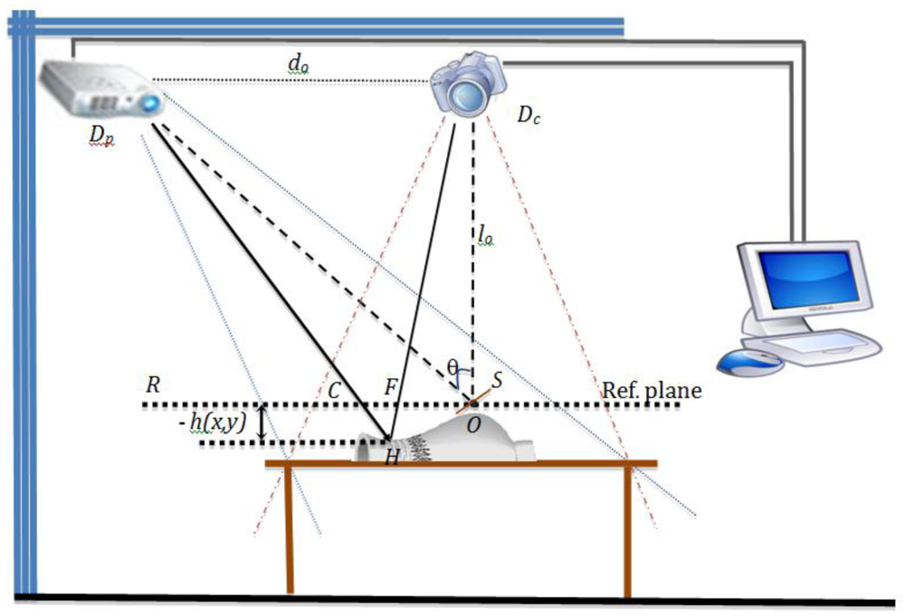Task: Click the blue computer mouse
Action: (748, 363)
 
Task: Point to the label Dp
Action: (101, 135)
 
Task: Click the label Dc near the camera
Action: (529, 115)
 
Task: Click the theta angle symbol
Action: (453, 366)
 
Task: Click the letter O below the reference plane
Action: (472, 424)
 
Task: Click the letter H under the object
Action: (392, 458)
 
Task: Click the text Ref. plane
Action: (652, 391)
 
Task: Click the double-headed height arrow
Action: (261, 423)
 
